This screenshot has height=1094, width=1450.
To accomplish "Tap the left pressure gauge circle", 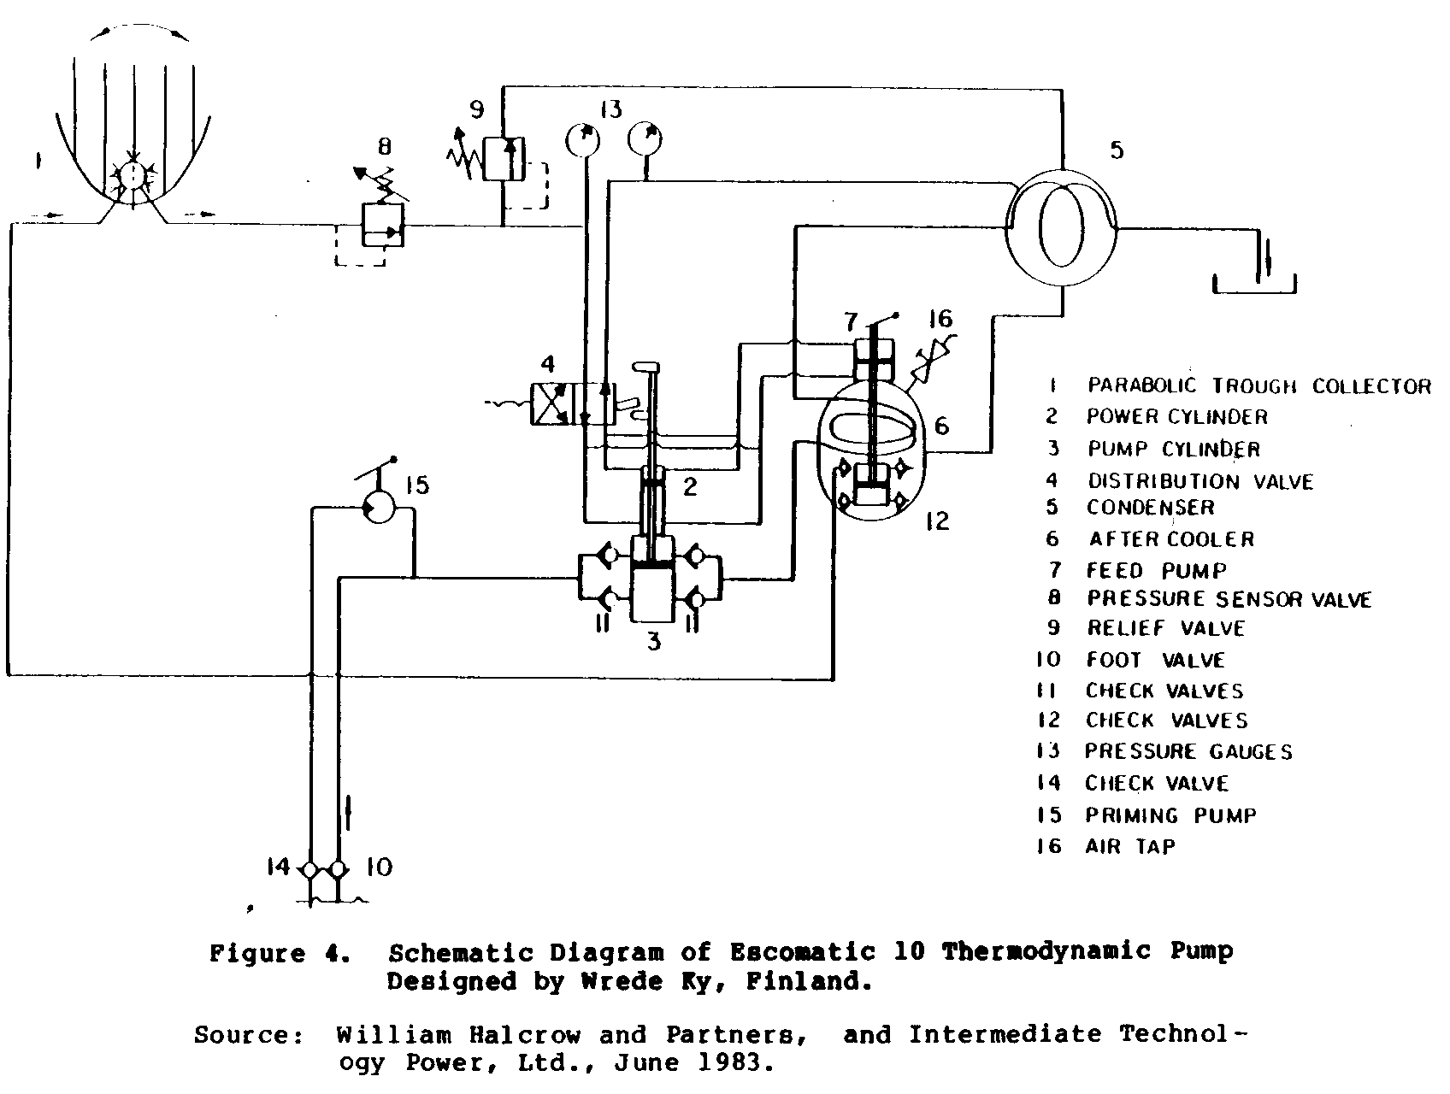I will (x=583, y=139).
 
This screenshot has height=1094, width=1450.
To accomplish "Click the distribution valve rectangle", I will (x=571, y=403).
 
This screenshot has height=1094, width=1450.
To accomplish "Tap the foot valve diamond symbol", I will (x=339, y=869).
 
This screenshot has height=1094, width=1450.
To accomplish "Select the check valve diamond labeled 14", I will (x=309, y=869).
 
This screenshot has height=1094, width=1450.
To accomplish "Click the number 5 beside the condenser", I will (x=1117, y=150).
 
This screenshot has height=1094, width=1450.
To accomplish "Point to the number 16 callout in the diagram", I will (x=940, y=320).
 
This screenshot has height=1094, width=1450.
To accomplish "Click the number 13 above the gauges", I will (x=610, y=109).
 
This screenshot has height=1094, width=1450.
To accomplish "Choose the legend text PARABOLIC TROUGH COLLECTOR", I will (x=1258, y=386).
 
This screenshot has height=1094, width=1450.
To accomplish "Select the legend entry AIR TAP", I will (x=1130, y=846).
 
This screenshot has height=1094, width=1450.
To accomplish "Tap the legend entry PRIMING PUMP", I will (x=1170, y=815).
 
